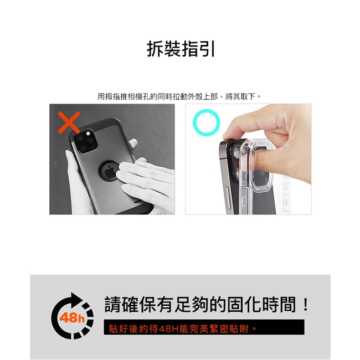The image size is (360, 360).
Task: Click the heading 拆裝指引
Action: [181, 49]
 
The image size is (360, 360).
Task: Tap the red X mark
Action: [69, 122]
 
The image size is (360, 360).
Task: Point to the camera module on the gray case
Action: [85, 141]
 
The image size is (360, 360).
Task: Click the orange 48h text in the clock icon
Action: [72, 318]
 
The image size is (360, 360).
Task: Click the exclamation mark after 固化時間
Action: [305, 304]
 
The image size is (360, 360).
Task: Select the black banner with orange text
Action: [204, 327]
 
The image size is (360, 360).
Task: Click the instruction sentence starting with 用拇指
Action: [179, 96]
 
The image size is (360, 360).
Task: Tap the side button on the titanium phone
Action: [228, 198]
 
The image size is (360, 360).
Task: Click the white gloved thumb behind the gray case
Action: [133, 144]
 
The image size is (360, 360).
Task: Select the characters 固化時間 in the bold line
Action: [261, 305]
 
